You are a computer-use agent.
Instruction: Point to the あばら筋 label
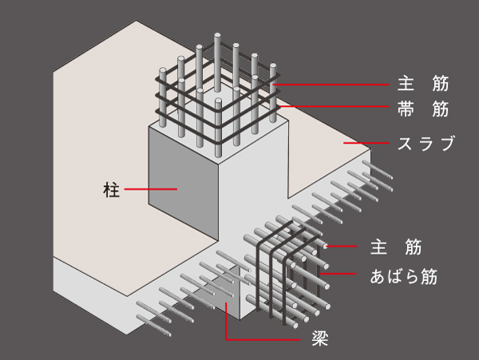point(404,277)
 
